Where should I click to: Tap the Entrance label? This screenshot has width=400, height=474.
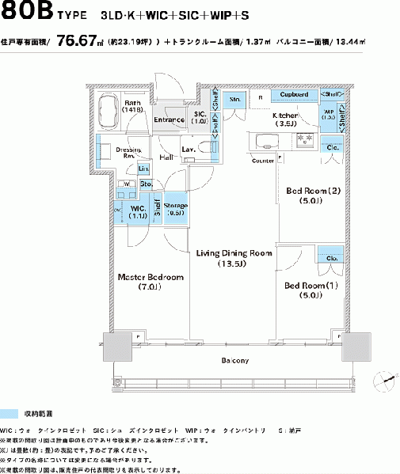[x=169, y=119]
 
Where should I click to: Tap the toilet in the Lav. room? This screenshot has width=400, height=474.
[x=204, y=147]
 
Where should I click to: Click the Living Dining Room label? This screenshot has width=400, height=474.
[x=234, y=259]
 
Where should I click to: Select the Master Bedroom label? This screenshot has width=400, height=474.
[x=150, y=283]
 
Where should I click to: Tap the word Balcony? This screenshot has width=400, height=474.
[x=235, y=360]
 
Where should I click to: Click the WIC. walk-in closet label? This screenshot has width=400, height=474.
[x=138, y=210]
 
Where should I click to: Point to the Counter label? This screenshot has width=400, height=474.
[x=263, y=161]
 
